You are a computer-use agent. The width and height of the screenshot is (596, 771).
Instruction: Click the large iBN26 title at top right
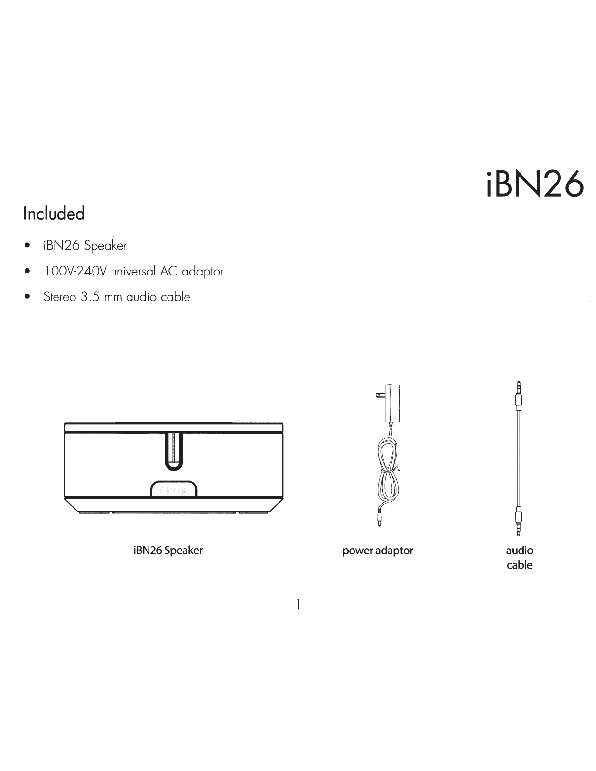[x=535, y=184]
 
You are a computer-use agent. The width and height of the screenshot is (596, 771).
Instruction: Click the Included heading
[x=54, y=213]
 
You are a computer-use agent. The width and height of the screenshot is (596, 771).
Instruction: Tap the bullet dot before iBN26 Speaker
[x=27, y=245]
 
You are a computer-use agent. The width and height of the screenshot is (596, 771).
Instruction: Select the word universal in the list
[x=133, y=272]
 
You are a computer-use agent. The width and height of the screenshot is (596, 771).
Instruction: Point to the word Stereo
[x=59, y=296]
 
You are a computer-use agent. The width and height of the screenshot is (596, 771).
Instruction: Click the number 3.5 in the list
[x=90, y=296]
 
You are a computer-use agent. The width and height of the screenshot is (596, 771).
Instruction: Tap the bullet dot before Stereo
[x=27, y=297]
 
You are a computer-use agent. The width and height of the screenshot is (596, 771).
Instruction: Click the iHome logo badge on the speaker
[x=173, y=489]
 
